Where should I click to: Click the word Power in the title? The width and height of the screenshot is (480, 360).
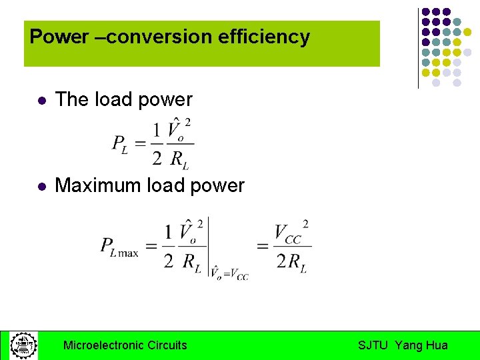click(59, 37)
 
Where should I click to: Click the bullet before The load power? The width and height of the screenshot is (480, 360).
click(41, 101)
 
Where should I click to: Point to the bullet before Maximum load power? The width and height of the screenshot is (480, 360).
click(41, 187)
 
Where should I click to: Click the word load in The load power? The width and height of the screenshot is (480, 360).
click(113, 100)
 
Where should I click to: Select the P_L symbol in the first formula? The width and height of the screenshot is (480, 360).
click(120, 143)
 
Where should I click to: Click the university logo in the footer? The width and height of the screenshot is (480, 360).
click(23, 345)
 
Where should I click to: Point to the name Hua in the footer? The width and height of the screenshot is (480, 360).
click(437, 345)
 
